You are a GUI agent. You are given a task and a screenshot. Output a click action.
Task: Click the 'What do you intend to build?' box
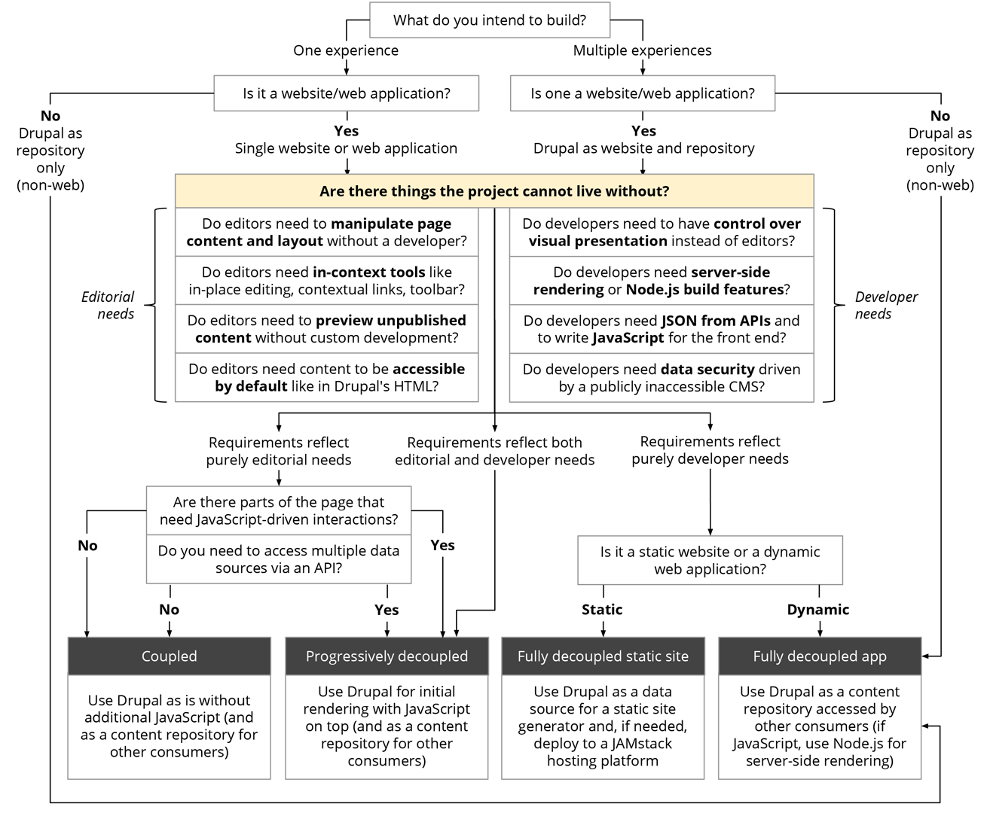(489, 20)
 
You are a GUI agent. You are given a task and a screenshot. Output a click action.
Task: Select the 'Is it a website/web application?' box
(346, 93)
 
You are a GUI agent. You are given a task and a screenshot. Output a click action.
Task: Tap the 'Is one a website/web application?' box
(642, 93)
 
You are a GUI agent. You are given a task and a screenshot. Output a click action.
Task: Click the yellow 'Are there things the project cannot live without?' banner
(494, 191)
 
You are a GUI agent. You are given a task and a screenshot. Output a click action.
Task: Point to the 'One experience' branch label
(346, 50)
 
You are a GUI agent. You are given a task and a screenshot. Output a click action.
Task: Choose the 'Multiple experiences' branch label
(642, 50)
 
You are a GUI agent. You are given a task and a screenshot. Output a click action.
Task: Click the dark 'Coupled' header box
(169, 656)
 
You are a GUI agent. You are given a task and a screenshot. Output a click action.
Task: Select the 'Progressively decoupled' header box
(387, 656)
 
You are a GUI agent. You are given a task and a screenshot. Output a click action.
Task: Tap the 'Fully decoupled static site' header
(603, 656)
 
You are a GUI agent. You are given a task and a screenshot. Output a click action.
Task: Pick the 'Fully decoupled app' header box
(820, 656)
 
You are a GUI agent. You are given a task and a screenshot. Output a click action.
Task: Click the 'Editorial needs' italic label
(108, 305)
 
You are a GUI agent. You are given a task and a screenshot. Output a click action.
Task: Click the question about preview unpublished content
(326, 329)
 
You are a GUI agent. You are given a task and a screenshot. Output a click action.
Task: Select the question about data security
(662, 378)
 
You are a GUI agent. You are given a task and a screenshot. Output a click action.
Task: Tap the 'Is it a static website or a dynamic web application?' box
(710, 560)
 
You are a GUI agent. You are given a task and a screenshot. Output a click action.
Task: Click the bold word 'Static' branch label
(602, 610)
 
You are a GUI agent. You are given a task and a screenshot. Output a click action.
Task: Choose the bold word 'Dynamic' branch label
(818, 610)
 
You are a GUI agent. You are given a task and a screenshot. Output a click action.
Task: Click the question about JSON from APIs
(662, 329)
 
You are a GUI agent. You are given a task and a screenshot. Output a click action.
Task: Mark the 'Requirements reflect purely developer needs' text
(710, 450)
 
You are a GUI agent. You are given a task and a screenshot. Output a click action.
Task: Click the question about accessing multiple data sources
(278, 559)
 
